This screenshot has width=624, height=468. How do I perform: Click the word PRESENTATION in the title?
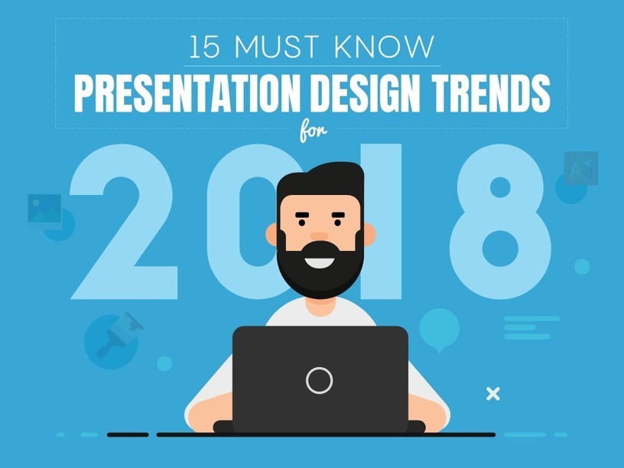pos(187,94)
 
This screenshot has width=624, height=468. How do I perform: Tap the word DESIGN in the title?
pos(366,94)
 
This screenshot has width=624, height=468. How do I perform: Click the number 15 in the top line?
pos(204,47)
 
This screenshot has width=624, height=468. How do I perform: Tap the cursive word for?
pos(314,132)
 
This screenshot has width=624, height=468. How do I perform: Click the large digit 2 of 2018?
pos(124,221)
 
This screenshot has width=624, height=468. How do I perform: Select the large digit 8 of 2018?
pos(501,221)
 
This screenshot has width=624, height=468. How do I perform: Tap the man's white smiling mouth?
pos(320,263)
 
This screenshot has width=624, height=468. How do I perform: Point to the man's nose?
pos(319,236)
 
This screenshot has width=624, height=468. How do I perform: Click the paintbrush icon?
pos(119,333)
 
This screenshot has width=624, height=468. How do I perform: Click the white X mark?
pos(493,394)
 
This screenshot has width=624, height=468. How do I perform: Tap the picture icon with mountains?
pos(44,209)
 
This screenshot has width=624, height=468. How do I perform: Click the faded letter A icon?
pos(580,168)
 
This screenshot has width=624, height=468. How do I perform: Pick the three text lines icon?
pos(531,327)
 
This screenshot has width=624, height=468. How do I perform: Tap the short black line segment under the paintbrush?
pos(128,434)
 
